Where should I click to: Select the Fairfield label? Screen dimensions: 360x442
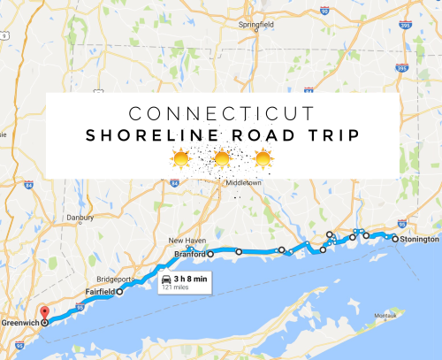point(100,290)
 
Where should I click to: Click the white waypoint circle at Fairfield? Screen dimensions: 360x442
point(120,291)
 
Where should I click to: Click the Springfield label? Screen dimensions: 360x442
point(255,25)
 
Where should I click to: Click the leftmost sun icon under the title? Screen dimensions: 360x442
point(180,159)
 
